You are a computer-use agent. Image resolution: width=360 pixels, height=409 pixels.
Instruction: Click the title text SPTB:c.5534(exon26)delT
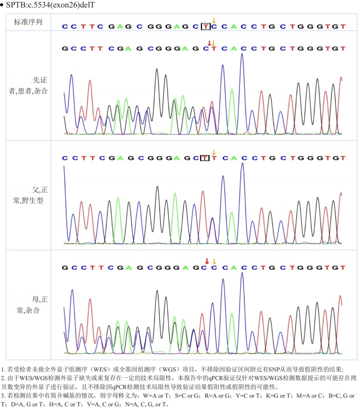tap(50, 5)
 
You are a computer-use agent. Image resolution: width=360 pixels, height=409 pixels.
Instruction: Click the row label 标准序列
tap(28, 22)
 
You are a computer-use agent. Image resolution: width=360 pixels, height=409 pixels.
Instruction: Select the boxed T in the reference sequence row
tap(205, 27)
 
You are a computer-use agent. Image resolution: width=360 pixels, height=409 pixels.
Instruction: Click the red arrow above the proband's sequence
tap(209, 43)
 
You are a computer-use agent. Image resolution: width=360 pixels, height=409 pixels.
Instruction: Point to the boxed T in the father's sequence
tap(205, 158)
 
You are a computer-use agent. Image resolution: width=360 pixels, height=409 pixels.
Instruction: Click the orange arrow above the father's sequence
tap(214, 153)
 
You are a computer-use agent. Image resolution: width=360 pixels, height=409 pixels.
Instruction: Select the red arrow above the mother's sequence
tap(207, 261)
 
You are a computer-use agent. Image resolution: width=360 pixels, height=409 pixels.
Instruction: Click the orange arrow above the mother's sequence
tap(214, 261)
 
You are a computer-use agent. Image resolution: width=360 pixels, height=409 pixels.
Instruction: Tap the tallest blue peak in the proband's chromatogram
tap(242, 55)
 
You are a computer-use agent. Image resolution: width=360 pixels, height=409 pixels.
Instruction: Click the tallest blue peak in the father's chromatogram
tap(243, 164)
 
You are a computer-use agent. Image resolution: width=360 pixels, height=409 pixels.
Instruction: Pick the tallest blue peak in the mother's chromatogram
tap(242, 274)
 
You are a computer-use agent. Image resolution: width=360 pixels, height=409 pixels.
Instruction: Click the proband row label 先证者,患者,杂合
tap(28, 86)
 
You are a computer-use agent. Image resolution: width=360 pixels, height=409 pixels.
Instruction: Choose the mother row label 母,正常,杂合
tap(30, 305)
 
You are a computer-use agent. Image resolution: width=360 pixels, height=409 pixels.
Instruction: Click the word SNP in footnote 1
tap(274, 369)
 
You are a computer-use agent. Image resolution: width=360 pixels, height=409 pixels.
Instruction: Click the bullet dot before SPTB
tap(2, 5)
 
